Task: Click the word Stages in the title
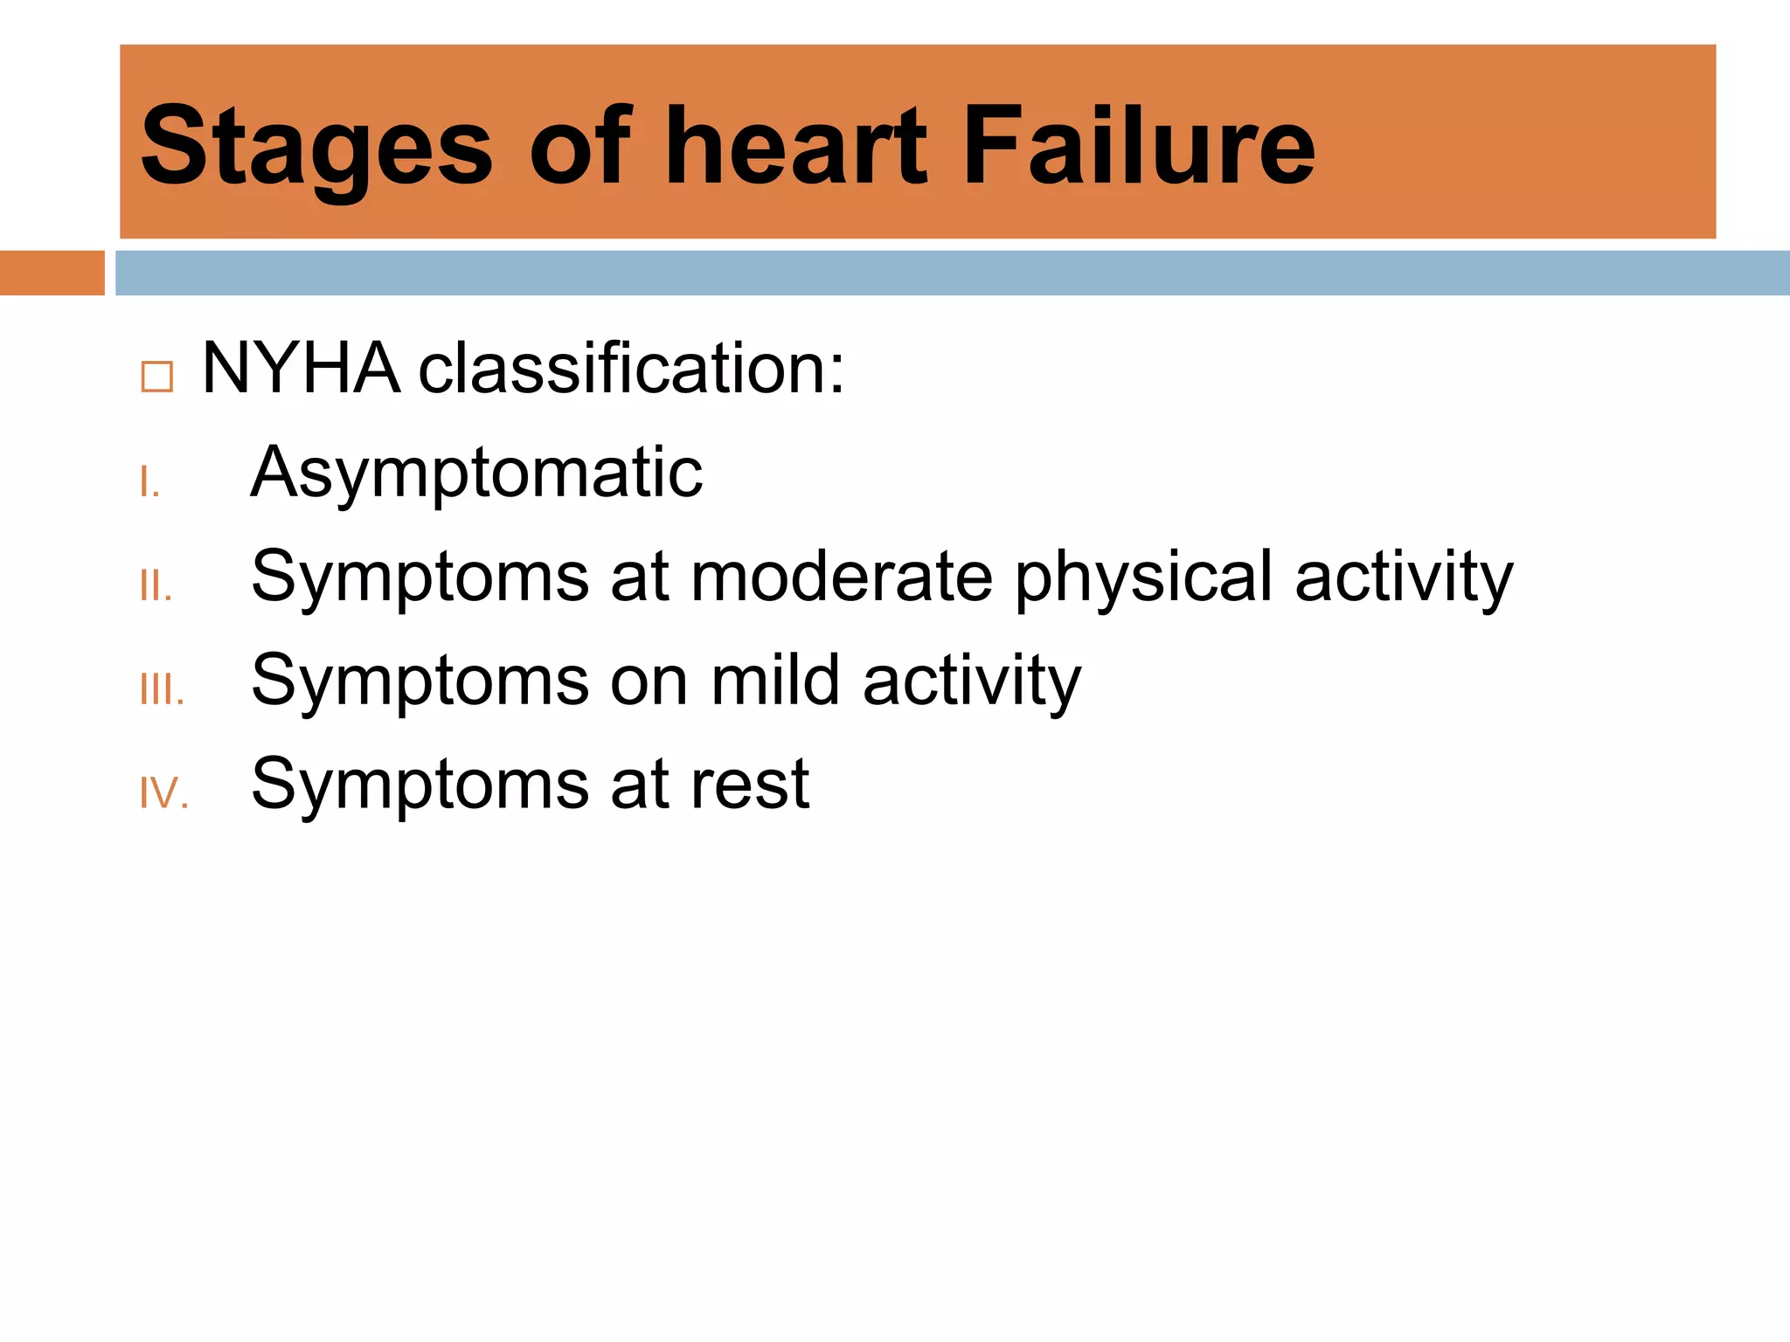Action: point(316,147)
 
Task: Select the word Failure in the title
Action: point(1138,147)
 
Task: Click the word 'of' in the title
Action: point(579,147)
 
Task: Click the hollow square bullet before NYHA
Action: point(157,377)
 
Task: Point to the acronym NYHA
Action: point(301,369)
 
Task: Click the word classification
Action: point(631,369)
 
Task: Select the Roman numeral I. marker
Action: point(149,482)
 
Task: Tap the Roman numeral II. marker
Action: point(156,586)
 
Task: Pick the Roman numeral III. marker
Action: point(162,690)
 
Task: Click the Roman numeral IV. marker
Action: point(164,793)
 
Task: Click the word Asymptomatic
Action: point(476,473)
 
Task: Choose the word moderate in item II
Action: point(842,577)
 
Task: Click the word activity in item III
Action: point(972,681)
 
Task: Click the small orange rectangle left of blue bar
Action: point(52,273)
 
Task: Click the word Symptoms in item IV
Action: point(420,784)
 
